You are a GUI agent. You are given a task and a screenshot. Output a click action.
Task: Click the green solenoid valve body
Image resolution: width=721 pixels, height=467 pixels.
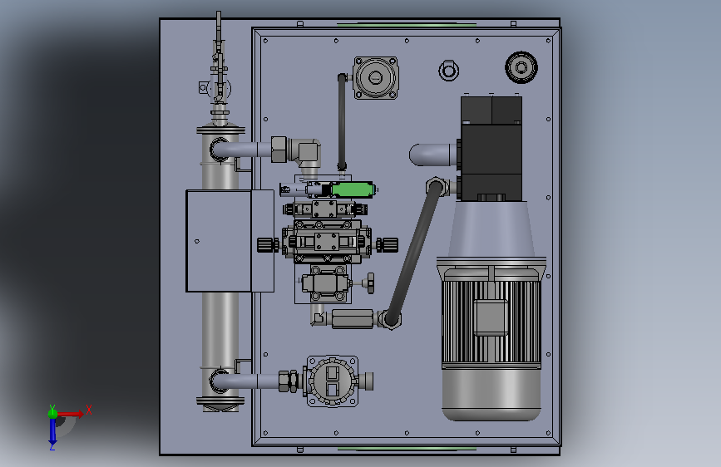point(353,189)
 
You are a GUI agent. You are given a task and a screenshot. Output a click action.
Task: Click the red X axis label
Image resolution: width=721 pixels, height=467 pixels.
point(89,410)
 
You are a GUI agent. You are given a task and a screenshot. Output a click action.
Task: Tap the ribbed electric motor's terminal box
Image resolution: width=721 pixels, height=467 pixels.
point(491,317)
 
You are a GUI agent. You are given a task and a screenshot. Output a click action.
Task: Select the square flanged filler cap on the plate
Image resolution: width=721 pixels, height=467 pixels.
point(376,77)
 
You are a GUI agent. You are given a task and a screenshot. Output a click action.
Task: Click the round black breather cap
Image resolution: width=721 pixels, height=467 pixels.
point(521,67)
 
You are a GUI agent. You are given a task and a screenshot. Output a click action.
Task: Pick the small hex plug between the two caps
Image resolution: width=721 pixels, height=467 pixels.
point(448,71)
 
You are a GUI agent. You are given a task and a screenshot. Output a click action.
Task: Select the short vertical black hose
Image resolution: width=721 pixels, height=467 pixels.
point(342,122)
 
